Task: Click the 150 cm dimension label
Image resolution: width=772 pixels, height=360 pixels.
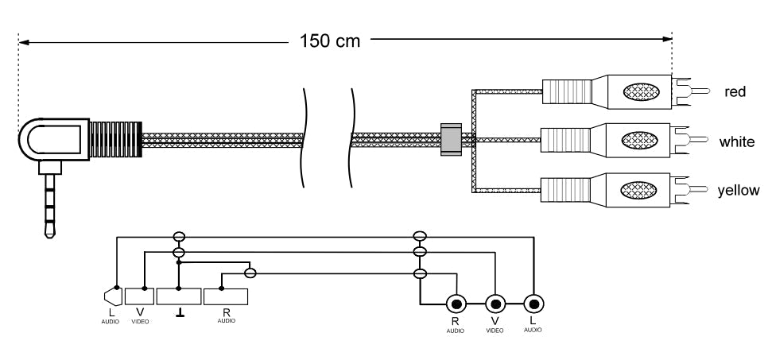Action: point(330,41)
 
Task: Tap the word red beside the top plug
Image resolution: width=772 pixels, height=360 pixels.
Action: point(735,91)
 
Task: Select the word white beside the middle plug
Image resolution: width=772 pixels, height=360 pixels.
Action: point(736,141)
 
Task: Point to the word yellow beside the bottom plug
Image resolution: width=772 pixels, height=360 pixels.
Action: point(738,190)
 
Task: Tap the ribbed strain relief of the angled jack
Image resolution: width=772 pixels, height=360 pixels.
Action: point(116,139)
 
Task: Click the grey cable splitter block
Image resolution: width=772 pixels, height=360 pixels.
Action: point(451,139)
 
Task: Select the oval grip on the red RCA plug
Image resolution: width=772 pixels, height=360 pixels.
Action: point(641,92)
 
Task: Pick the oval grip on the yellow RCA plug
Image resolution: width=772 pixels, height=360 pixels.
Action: point(638,190)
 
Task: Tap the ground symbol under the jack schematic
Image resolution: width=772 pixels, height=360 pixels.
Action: point(180,313)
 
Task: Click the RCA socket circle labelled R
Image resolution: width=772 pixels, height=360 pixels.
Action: point(456,304)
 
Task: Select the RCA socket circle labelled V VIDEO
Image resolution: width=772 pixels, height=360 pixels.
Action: point(495,304)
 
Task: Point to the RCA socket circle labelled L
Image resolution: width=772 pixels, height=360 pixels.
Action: point(533,304)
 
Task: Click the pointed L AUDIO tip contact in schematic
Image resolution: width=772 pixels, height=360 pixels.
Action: point(113,296)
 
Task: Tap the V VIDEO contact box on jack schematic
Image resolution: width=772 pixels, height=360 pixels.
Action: point(139,296)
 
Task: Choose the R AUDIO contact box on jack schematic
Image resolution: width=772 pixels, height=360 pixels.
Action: point(226,296)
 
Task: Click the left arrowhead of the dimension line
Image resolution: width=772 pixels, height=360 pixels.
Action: point(24,42)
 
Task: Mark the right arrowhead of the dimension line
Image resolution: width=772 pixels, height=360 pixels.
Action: point(667,39)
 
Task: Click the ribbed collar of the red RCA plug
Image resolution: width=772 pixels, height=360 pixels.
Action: point(567,92)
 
